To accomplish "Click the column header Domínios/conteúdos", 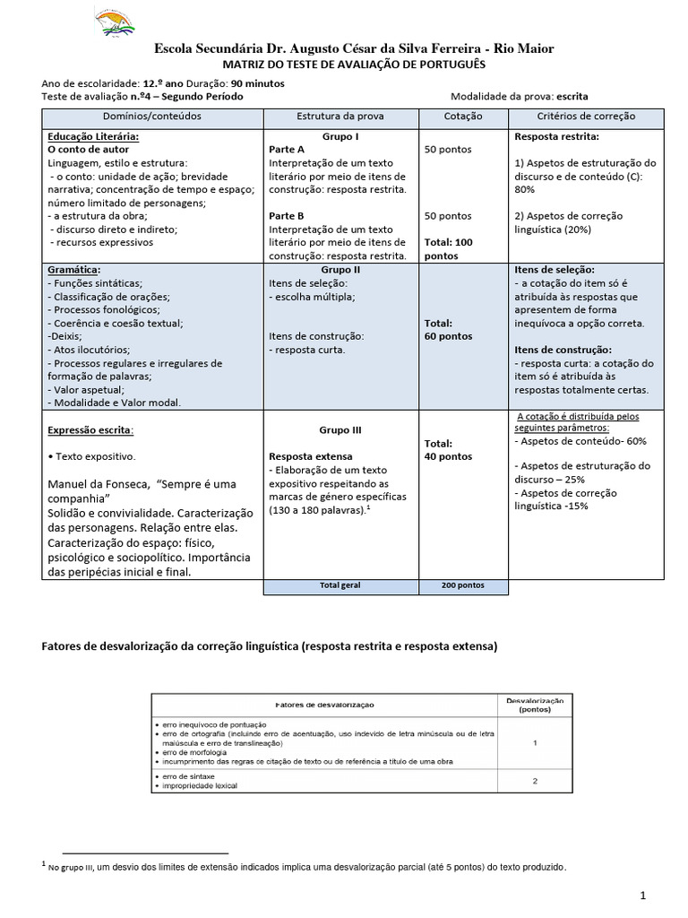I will tap(152, 117).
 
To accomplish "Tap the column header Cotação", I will tap(462, 117).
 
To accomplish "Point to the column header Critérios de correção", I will tap(586, 117).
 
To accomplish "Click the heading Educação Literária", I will tap(93, 136).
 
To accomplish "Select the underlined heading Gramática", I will tap(73, 270).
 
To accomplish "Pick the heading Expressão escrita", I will tap(90, 430).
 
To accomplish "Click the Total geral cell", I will tap(340, 585).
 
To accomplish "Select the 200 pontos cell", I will tap(462, 585).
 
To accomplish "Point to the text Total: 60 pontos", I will tap(449, 330).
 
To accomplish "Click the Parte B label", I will tap(287, 216).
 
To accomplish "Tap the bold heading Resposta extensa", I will tap(311, 456).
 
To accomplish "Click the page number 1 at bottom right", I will tap(643, 896).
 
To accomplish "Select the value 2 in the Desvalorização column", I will tap(535, 781).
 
